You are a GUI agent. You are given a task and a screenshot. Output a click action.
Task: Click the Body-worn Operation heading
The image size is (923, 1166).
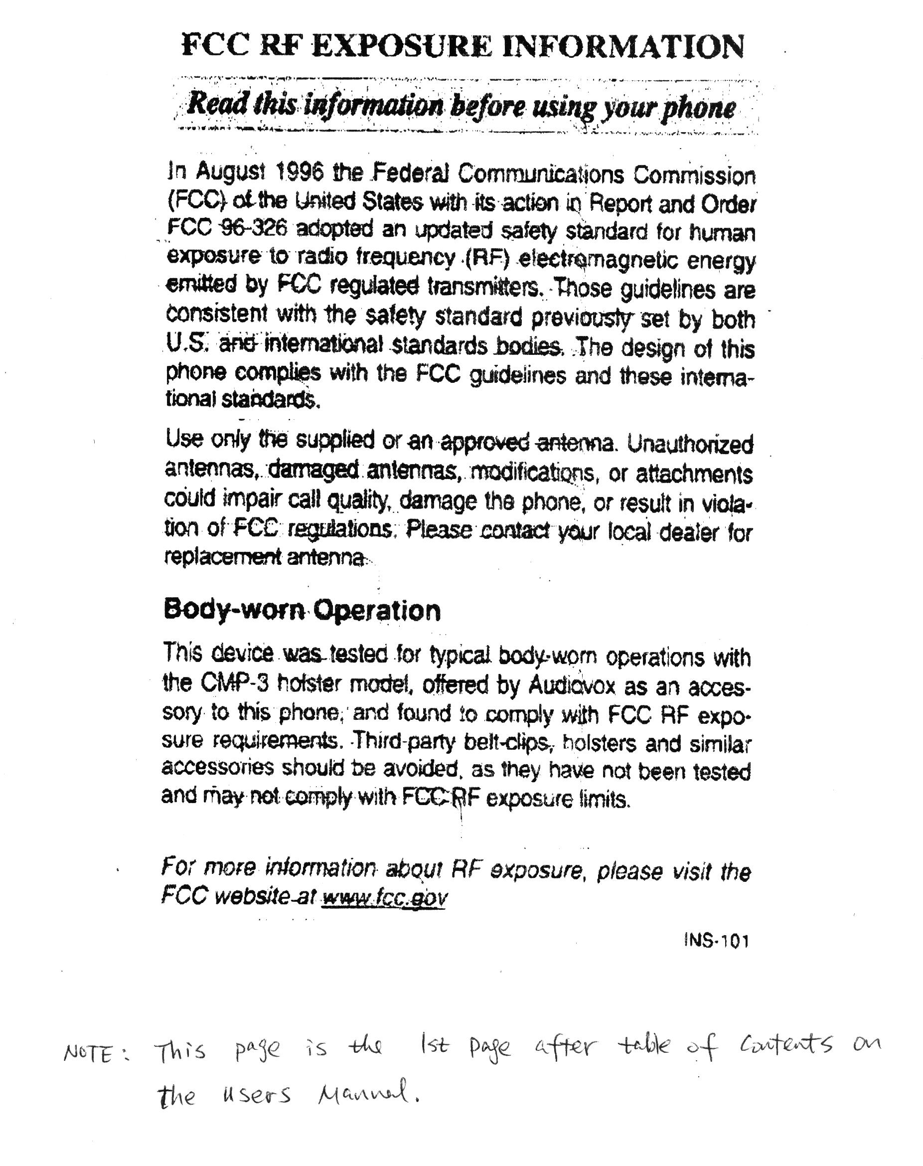point(302,610)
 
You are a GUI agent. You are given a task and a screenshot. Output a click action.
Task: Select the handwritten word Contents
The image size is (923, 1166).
point(782,1046)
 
